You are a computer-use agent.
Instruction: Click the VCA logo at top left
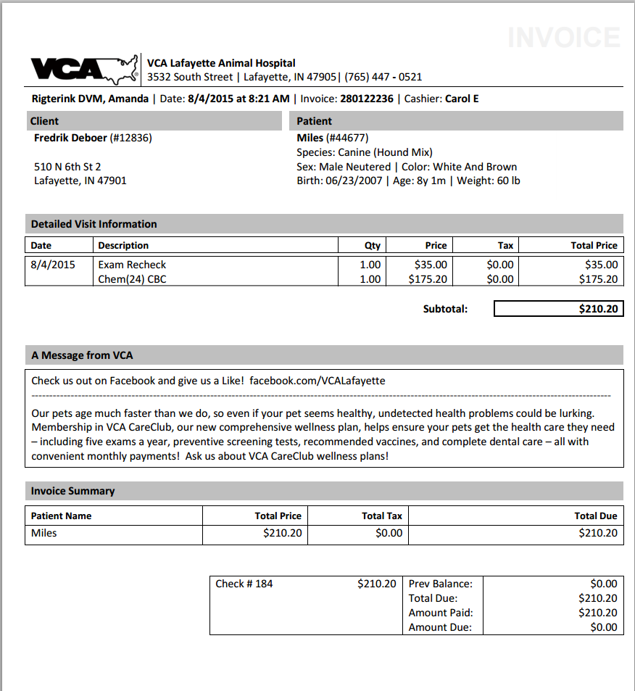pyautogui.click(x=83, y=70)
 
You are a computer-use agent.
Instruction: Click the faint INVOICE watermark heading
pyautogui.click(x=563, y=38)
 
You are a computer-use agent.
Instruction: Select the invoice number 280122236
pyautogui.click(x=366, y=99)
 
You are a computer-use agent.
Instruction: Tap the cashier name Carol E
pyautogui.click(x=462, y=99)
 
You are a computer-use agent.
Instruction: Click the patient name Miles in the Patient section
pyautogui.click(x=310, y=138)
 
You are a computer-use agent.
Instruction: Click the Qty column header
pyautogui.click(x=372, y=245)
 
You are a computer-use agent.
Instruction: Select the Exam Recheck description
pyautogui.click(x=132, y=265)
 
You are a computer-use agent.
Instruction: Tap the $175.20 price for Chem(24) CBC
pyautogui.click(x=428, y=279)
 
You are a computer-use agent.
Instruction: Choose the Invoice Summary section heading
pyautogui.click(x=72, y=491)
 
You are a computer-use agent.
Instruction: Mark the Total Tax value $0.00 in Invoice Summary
pyautogui.click(x=389, y=533)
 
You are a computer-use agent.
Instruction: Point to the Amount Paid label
pyautogui.click(x=440, y=613)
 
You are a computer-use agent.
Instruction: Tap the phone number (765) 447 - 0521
pyautogui.click(x=383, y=77)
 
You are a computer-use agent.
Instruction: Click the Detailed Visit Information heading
pyautogui.click(x=94, y=224)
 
